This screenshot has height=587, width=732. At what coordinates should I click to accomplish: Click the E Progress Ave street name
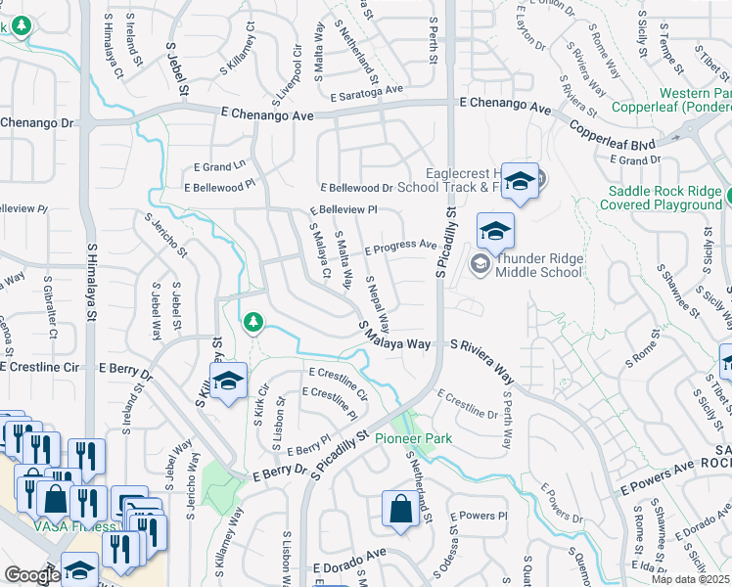(400, 248)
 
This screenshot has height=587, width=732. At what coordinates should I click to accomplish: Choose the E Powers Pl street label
(479, 516)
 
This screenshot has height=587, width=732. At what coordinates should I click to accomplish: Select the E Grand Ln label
(218, 167)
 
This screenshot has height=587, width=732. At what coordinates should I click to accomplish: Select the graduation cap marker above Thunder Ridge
(495, 232)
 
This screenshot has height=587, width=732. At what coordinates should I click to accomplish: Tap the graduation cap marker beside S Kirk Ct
(228, 381)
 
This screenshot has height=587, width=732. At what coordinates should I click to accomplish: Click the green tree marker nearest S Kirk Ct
(253, 321)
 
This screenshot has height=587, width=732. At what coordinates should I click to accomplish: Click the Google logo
(32, 575)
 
